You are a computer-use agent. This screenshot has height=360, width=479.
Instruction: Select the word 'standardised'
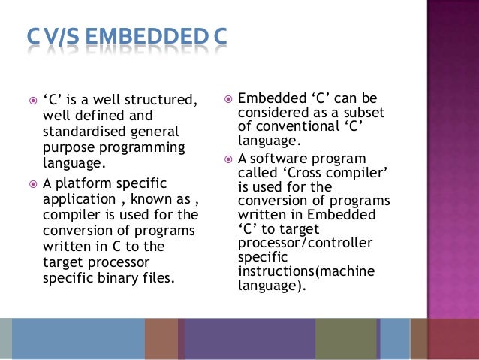click(80, 132)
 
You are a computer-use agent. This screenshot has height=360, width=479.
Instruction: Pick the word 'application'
click(79, 200)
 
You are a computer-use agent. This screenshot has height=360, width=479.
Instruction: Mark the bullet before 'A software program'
click(227, 159)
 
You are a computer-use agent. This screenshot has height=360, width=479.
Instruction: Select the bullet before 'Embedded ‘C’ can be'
click(227, 98)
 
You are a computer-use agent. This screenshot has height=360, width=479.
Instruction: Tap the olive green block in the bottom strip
click(345, 338)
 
